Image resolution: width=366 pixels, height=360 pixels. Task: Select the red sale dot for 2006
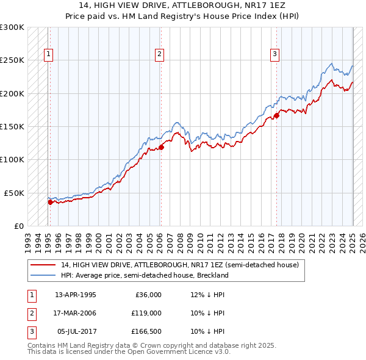pos(162,147)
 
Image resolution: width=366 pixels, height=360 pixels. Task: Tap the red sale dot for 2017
pos(276,115)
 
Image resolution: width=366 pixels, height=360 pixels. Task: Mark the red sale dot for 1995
pos(50,202)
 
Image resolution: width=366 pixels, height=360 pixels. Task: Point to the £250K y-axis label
pos(12,60)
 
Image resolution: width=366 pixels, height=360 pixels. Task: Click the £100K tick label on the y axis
pos(12,159)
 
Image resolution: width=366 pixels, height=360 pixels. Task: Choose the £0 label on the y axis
pos(18,226)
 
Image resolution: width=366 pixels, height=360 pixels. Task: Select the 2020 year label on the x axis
pos(302,239)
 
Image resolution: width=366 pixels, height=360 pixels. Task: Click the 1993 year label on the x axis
pos(28,239)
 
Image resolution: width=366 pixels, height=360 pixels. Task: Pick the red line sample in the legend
pos(43,265)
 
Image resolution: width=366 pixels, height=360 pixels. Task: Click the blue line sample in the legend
pos(43,275)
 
